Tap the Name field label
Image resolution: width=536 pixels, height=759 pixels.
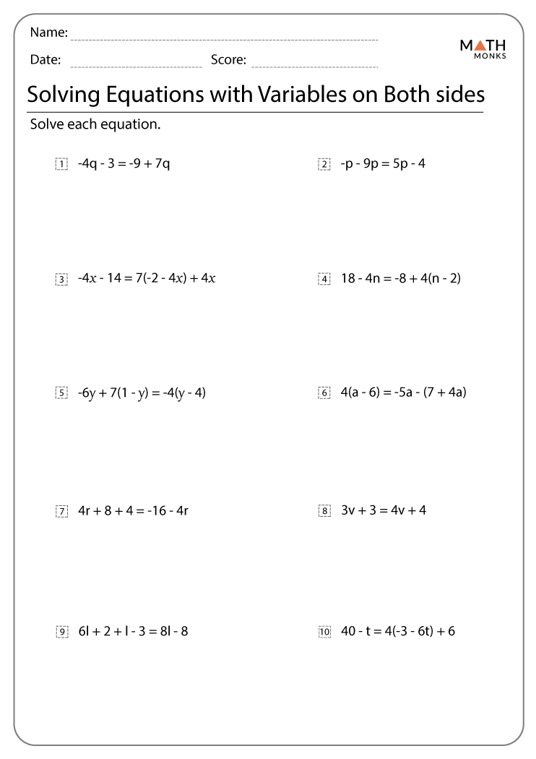[x=49, y=33]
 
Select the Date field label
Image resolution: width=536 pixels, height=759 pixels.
[x=46, y=60]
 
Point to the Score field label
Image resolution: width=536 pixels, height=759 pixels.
[x=228, y=60]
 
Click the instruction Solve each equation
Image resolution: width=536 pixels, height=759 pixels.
[x=95, y=124]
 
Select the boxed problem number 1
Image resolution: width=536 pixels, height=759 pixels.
[x=61, y=164]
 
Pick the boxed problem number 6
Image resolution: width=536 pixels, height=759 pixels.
[x=324, y=393]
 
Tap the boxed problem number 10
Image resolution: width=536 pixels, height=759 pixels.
[x=324, y=632]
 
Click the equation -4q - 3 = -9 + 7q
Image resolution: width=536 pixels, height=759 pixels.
[x=124, y=163]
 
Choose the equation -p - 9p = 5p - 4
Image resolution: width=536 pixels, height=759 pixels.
[x=383, y=163]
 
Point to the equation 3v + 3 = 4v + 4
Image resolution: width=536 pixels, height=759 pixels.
[x=383, y=510]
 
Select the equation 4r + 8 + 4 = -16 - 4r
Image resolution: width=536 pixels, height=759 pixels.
[x=133, y=511]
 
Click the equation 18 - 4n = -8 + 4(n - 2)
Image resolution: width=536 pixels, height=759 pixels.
[x=400, y=278]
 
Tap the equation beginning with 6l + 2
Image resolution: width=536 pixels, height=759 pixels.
[x=133, y=631]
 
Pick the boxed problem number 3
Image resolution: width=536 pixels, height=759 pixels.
[x=61, y=279]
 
